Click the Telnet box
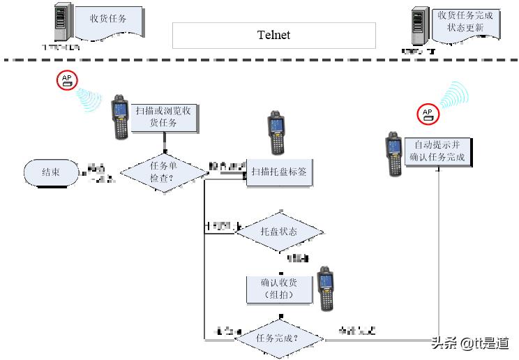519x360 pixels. tap(273, 35)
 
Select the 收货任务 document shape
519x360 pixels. tap(108, 22)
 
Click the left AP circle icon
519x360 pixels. tap(67, 80)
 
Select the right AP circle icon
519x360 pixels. tap(428, 114)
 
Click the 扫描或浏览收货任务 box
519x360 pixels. tap(165, 117)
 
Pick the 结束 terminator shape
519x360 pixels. tap(51, 172)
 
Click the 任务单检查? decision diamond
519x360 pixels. tap(165, 172)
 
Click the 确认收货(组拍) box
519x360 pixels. tap(278, 289)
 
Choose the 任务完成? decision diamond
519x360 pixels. tap(278, 338)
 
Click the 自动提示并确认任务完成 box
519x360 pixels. tap(439, 151)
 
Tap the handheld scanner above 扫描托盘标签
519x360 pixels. tap(277, 133)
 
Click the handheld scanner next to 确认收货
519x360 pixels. tap(325, 288)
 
